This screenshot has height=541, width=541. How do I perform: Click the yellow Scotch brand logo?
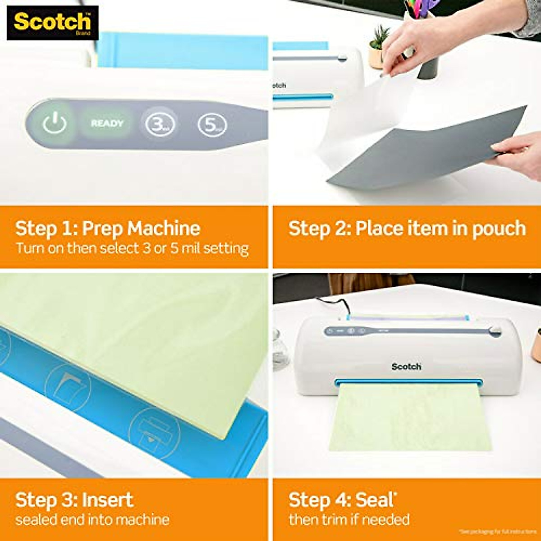coord(52,22)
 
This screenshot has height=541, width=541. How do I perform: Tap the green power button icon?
coord(55,123)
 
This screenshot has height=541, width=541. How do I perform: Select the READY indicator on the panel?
coord(107,124)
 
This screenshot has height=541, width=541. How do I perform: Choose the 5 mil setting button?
coord(211,125)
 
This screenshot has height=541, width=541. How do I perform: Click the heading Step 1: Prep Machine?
coord(108,228)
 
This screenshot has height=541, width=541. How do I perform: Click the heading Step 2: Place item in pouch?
coord(407,228)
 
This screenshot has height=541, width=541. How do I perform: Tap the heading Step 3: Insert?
coord(74,500)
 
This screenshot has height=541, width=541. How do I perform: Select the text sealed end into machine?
coord(92,519)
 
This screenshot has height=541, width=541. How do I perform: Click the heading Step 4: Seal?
coord(342,500)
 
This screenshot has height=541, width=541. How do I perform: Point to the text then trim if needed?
coord(349,519)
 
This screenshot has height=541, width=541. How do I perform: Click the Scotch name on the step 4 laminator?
coord(406,367)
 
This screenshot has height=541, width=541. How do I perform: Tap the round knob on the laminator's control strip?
coord(496,333)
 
